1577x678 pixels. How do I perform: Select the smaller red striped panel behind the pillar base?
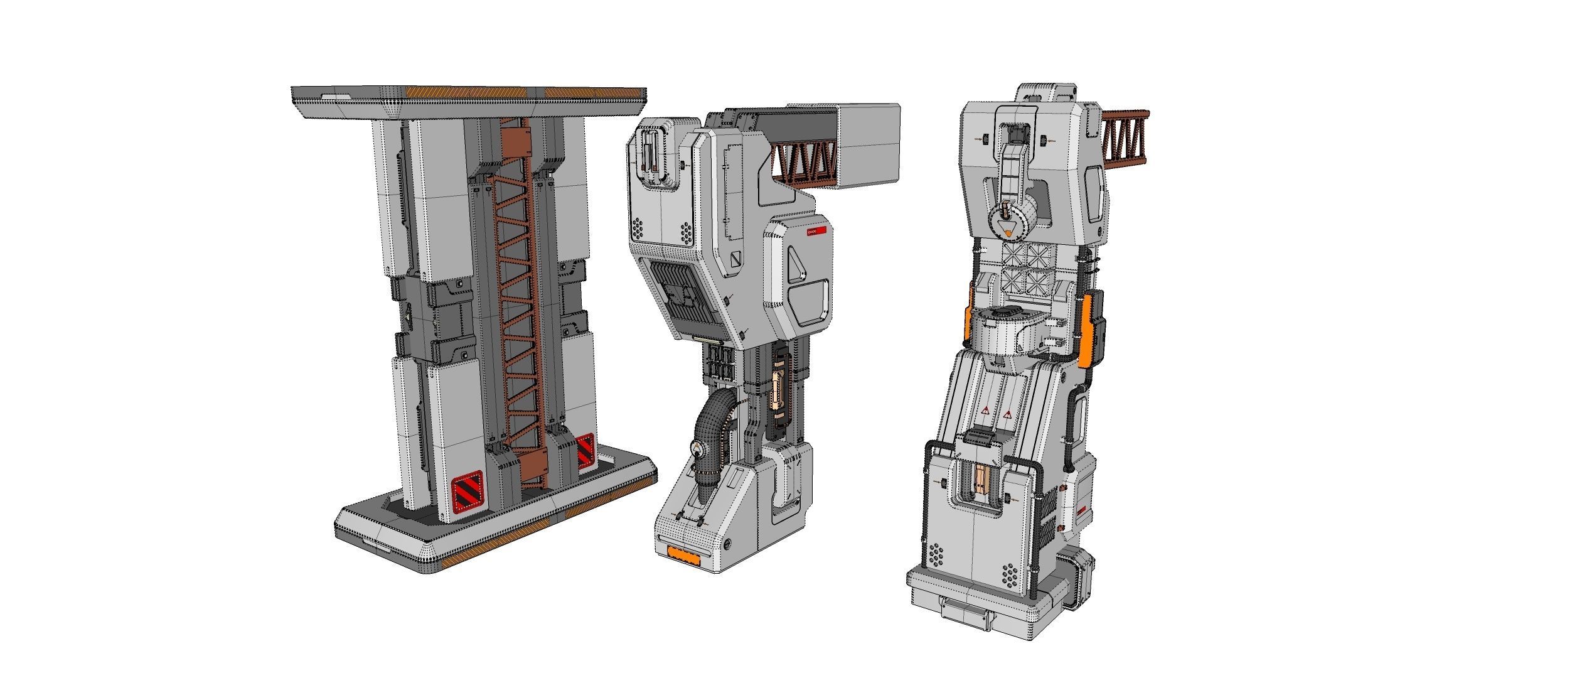pyautogui.click(x=585, y=450)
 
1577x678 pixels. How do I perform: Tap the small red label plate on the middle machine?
pyautogui.click(x=816, y=232)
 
